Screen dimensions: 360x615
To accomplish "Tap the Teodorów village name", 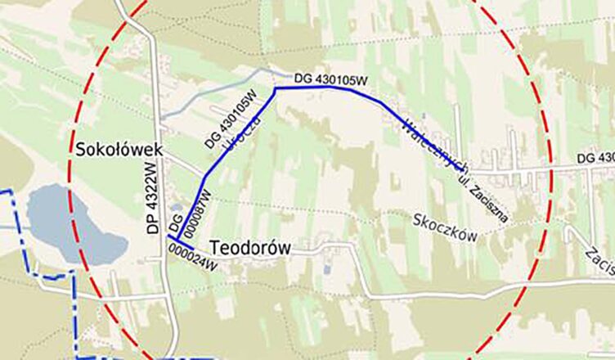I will pos(250,248).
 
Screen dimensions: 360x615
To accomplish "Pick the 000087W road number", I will pos(196,212).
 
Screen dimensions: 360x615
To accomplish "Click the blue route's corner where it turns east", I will pos(276,88).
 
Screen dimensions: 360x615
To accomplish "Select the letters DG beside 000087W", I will pos(174,221).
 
